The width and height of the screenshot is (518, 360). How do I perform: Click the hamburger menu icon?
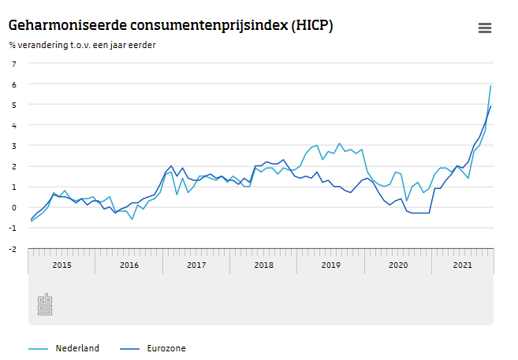click(485, 28)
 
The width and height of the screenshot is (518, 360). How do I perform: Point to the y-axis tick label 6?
click(13, 84)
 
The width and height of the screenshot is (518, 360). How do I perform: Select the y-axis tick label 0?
click(13, 207)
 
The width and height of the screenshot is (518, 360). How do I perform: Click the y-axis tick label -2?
click(12, 249)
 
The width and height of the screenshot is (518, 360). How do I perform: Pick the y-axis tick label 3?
click(13, 146)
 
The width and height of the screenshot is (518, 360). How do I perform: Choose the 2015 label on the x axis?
click(61, 265)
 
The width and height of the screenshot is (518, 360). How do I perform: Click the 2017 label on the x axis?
click(196, 265)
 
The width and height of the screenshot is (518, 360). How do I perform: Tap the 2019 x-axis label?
click(331, 265)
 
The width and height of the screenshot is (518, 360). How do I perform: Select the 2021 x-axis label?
click(463, 265)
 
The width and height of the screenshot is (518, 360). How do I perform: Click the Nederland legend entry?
click(76, 348)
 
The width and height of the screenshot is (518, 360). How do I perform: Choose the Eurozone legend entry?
click(166, 348)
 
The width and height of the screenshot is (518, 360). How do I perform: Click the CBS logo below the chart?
click(45, 305)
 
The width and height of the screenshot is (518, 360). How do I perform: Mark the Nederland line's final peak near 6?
click(490, 85)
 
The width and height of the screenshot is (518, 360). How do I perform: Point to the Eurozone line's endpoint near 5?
click(490, 106)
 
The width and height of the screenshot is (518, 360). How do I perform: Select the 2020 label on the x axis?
click(398, 265)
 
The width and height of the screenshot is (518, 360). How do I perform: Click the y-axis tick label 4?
click(13, 124)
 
